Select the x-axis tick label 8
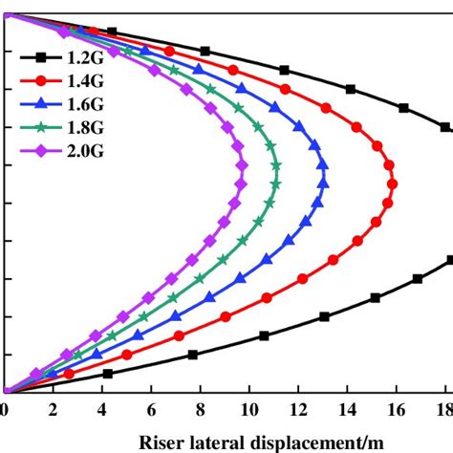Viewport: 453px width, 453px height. click(x=200, y=411)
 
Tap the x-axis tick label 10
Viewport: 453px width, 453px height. click(x=248, y=411)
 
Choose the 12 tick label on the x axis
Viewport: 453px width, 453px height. click(x=298, y=411)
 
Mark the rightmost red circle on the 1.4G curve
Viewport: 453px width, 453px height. click(x=392, y=183)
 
